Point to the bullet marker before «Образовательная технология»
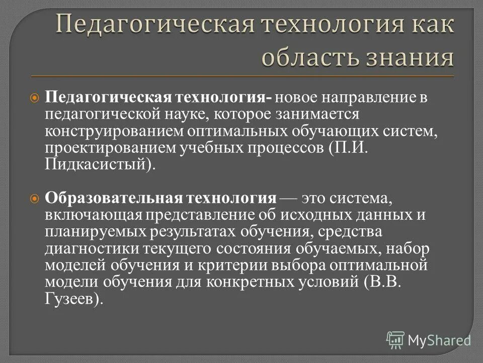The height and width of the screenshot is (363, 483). [35, 199]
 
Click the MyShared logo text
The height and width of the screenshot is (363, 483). [440, 340]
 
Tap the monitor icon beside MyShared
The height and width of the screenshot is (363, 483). [395, 340]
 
